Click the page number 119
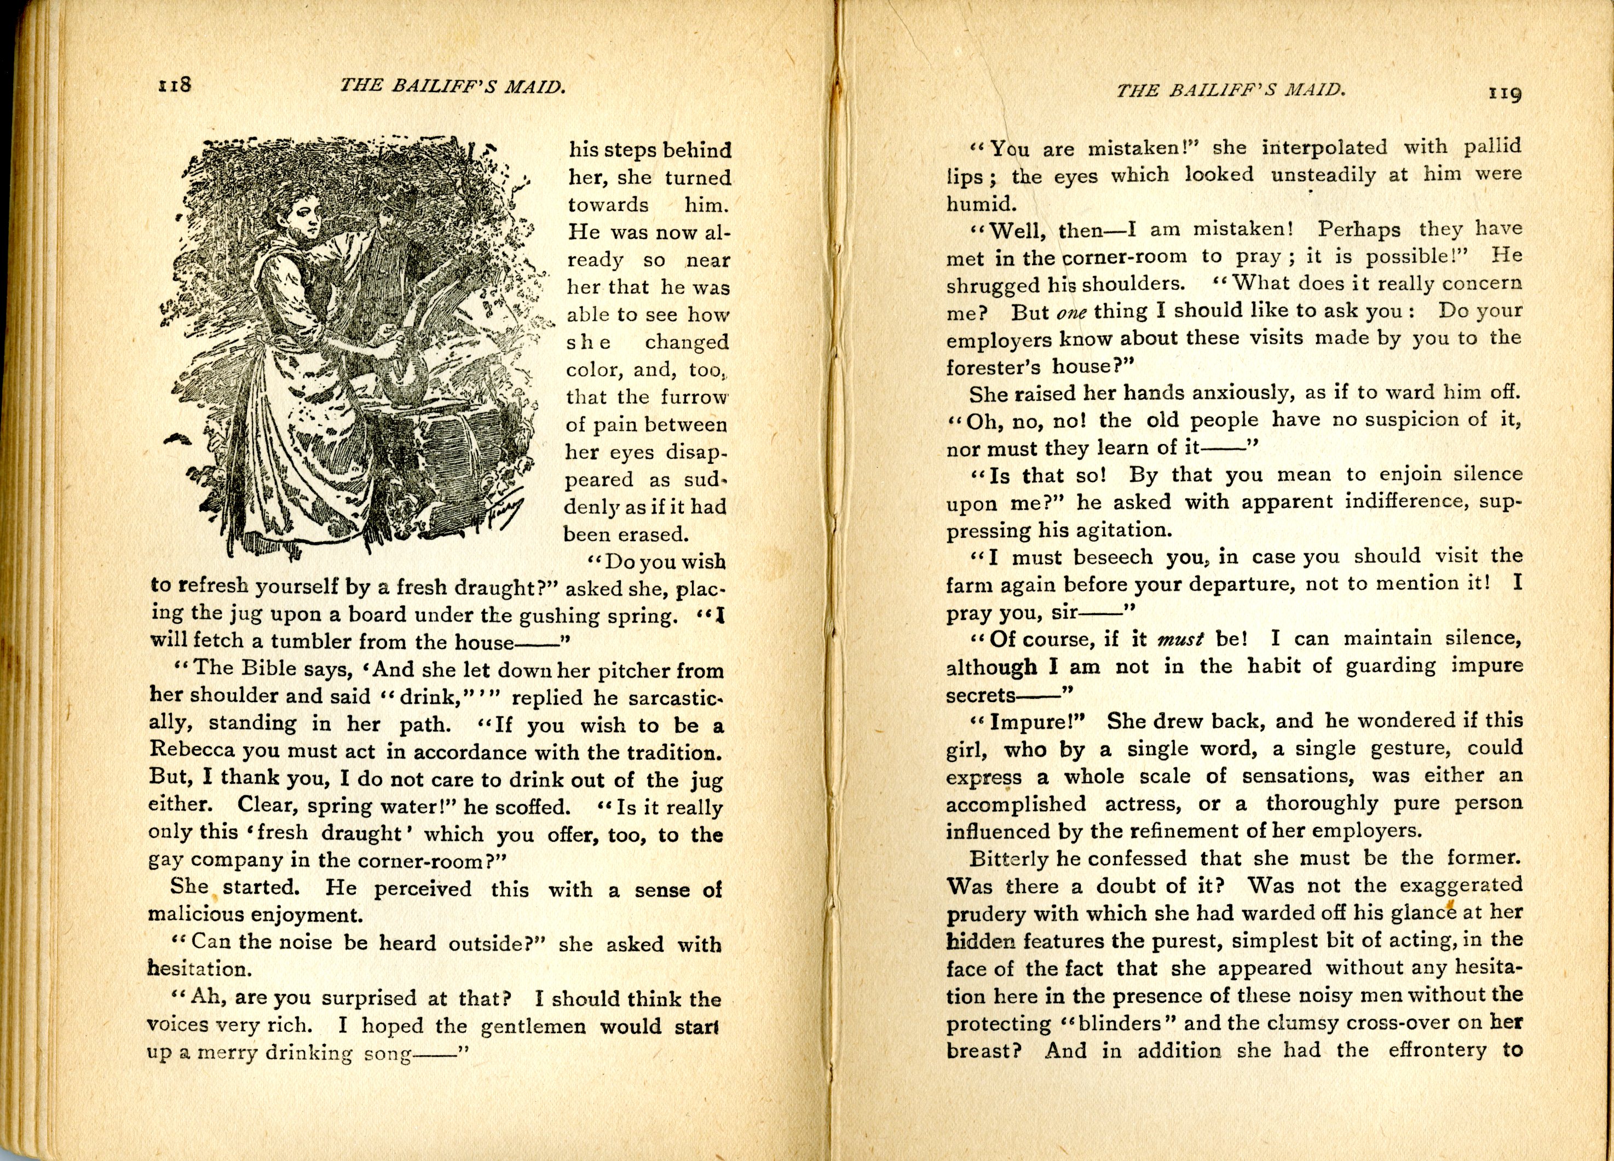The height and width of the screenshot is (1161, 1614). click(x=1505, y=93)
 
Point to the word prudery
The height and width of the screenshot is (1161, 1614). click(x=985, y=914)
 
